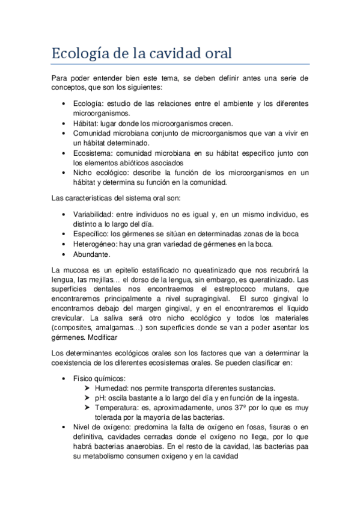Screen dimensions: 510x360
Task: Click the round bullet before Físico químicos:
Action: (x=64, y=379)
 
